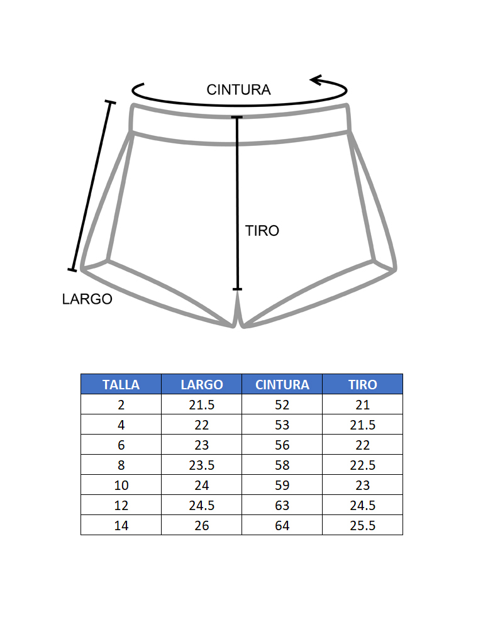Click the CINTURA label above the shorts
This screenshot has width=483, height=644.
238,89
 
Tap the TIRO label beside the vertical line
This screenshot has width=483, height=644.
262,231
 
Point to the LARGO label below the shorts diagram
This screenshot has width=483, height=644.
87,299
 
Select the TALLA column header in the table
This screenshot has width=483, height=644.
121,384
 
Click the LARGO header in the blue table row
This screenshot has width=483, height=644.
202,384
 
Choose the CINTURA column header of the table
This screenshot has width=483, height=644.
282,384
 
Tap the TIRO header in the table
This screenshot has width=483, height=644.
363,384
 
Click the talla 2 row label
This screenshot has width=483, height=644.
121,405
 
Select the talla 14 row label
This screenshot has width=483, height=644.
121,526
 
